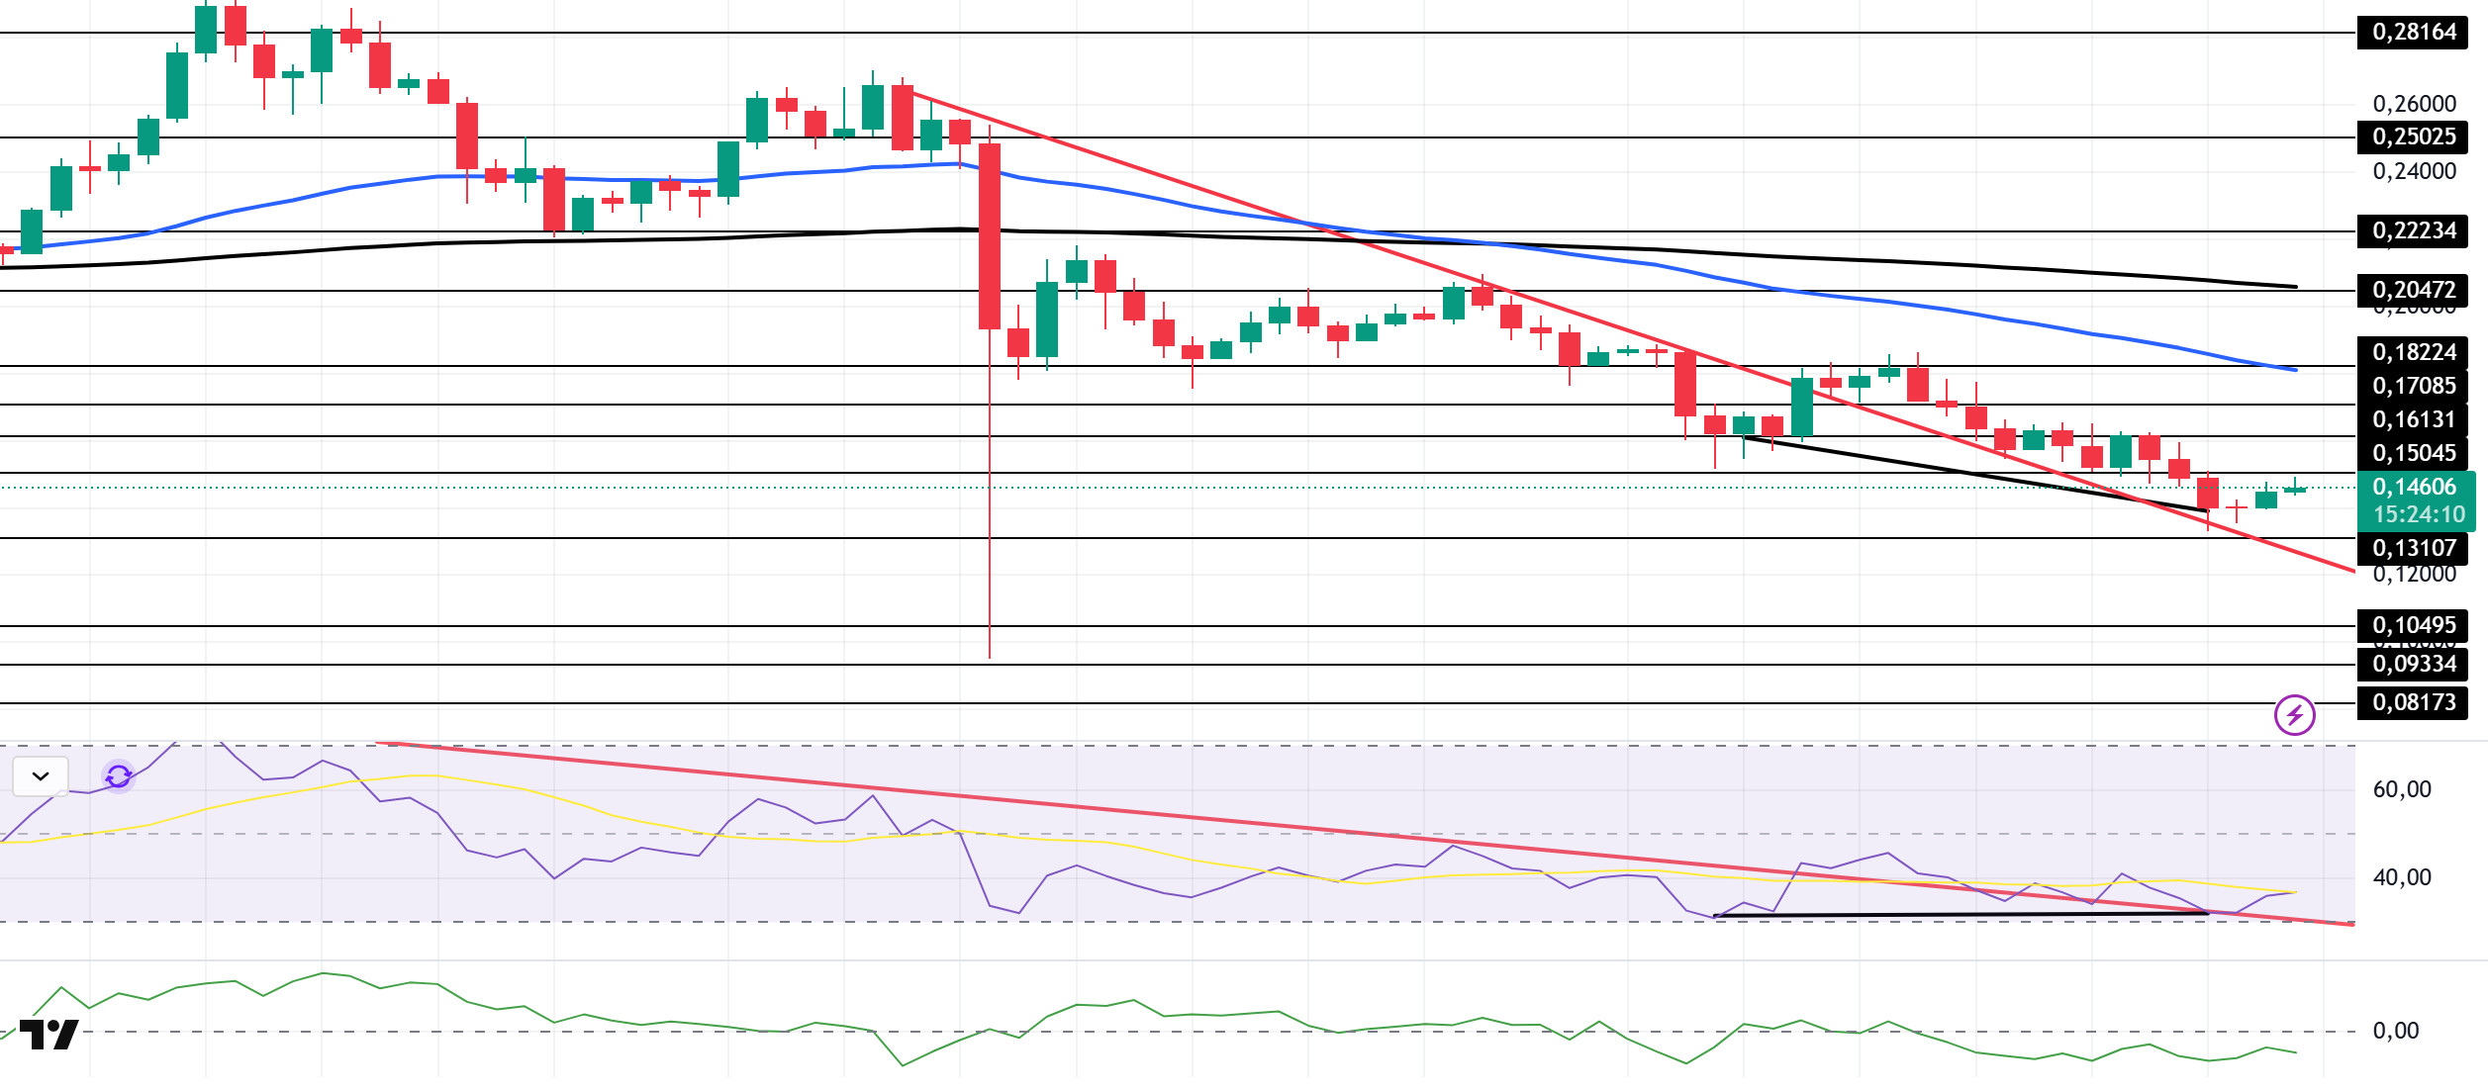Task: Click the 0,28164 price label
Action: pos(2413,33)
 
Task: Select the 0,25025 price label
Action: pos(2413,136)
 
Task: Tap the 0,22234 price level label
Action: pos(2413,230)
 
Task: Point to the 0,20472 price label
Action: pos(2413,290)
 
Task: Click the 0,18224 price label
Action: pos(2413,352)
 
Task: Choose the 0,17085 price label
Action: pos(2413,386)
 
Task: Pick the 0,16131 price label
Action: pos(2413,419)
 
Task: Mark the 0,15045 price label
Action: pos(2413,453)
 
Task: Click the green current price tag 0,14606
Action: pos(2413,487)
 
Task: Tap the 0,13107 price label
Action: pos(2413,548)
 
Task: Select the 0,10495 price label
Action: pos(2413,625)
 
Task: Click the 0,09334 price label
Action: pos(2413,664)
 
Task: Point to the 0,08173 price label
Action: pos(2413,702)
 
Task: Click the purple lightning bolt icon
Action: pos(2294,714)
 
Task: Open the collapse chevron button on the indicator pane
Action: pos(41,776)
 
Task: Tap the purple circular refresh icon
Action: pos(119,776)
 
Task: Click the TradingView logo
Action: pos(49,1035)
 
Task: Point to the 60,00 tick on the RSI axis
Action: pos(2401,789)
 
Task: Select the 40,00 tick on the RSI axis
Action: pos(2401,877)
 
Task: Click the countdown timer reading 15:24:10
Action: pos(2419,514)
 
